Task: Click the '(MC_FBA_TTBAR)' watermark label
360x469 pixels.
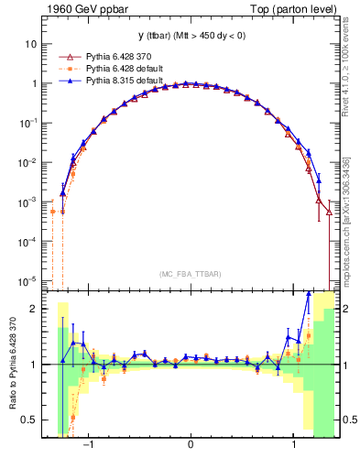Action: (190, 274)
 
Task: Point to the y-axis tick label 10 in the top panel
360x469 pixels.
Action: (31, 43)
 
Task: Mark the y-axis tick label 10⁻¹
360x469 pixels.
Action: (27, 122)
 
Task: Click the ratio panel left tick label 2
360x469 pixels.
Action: (36, 309)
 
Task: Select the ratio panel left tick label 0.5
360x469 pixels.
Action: (31, 420)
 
